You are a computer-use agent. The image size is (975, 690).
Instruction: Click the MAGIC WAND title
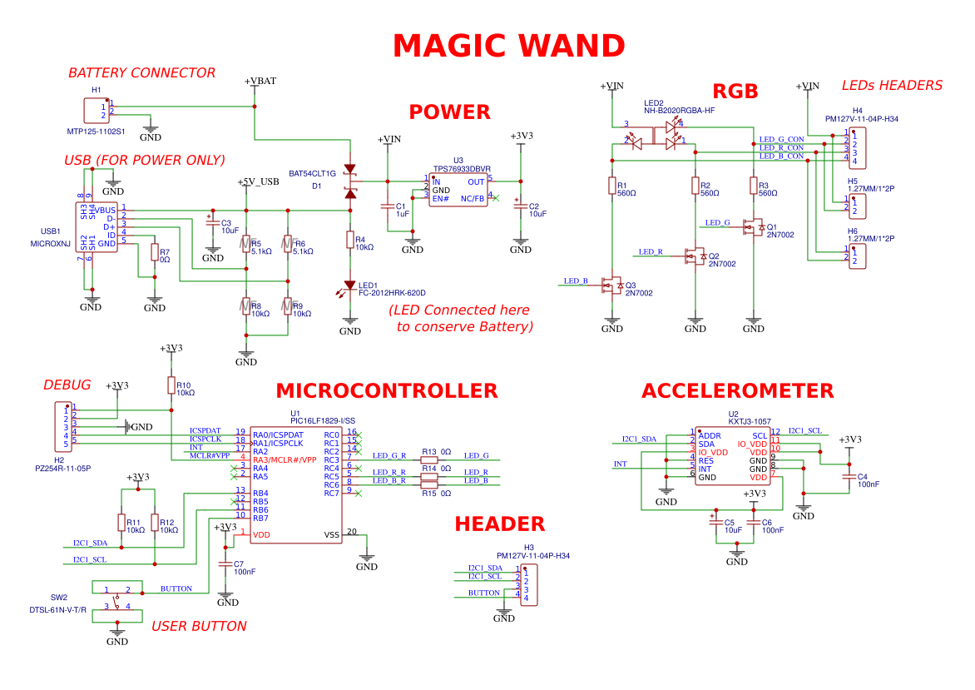[x=508, y=46]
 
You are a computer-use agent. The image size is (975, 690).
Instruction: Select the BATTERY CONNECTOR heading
[x=142, y=73]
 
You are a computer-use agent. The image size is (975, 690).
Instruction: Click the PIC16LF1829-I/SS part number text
[x=323, y=421]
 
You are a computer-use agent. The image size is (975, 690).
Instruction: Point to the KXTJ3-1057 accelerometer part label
[x=749, y=421]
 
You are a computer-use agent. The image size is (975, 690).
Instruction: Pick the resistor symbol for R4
[x=350, y=241]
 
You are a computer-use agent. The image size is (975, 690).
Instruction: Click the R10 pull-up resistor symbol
[x=171, y=385]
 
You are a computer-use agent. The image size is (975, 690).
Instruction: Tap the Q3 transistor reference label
[x=630, y=285]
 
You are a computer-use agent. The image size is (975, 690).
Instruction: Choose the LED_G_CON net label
[x=781, y=139]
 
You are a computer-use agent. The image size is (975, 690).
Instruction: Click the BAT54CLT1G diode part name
[x=312, y=174]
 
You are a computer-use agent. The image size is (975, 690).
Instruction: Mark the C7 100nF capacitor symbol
[x=225, y=564]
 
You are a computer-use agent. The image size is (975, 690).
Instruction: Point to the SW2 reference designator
[x=59, y=598]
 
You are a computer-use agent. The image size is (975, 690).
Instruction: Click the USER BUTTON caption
[x=199, y=626]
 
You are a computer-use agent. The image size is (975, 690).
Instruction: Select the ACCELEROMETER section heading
[x=737, y=391]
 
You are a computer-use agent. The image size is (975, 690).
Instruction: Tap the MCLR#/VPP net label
[x=209, y=455]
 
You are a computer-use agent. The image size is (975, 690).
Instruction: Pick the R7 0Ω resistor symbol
[x=154, y=253]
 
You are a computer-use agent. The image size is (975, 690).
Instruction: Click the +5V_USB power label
[x=258, y=181]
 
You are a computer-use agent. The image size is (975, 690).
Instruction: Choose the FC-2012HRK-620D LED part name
[x=392, y=293]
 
